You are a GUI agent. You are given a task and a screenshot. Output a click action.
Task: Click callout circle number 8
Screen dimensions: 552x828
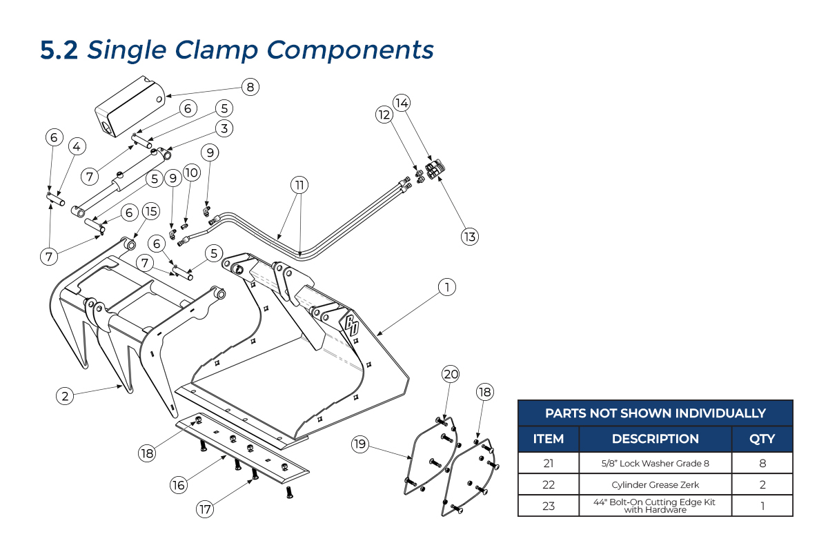(x=250, y=87)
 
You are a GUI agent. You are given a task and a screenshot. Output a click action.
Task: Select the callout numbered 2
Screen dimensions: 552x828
(x=65, y=395)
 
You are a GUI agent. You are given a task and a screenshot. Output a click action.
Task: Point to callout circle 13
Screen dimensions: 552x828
(x=470, y=237)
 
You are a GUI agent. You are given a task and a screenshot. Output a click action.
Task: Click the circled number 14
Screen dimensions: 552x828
(x=402, y=103)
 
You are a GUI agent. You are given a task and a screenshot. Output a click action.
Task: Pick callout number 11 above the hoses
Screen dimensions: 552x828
(x=299, y=185)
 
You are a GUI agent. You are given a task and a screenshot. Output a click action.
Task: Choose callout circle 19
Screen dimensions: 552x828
(x=359, y=444)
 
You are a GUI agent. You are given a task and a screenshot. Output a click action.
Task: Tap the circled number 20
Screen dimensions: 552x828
(x=451, y=375)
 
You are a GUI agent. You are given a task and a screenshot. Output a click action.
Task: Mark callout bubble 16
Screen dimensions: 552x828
(x=179, y=485)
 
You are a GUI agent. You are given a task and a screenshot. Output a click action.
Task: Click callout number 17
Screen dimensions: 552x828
(x=205, y=510)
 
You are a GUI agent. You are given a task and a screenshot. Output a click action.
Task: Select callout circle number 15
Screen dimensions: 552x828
(x=150, y=210)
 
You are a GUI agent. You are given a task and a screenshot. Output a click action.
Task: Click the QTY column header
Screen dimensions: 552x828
(x=762, y=439)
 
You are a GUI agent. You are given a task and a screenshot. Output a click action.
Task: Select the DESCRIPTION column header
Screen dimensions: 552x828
(x=655, y=439)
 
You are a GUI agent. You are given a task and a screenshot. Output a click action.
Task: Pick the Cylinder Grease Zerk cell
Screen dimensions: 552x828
(x=655, y=484)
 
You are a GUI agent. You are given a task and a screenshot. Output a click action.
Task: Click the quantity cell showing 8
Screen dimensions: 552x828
(x=762, y=463)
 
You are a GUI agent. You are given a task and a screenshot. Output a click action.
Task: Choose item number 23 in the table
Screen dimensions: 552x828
(x=549, y=506)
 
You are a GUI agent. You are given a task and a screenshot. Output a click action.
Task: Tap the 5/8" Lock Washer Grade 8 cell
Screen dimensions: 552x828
(x=655, y=463)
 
